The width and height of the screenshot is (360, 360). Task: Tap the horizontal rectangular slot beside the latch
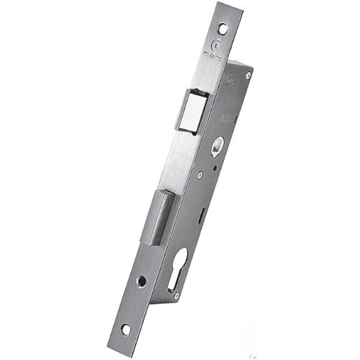(x=228, y=117)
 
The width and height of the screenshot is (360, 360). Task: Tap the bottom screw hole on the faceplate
(x=127, y=330)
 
